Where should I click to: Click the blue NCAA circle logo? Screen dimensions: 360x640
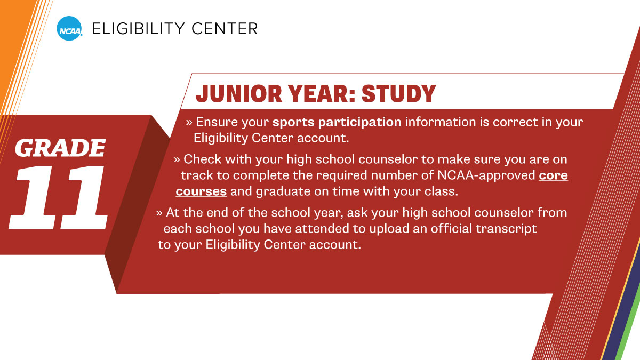coord(69,28)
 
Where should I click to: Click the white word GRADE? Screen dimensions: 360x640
coord(60,148)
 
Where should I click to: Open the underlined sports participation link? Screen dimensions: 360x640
coord(337,122)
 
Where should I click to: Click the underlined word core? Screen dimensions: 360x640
coord(553,175)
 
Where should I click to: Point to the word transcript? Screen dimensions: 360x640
coord(508,229)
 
